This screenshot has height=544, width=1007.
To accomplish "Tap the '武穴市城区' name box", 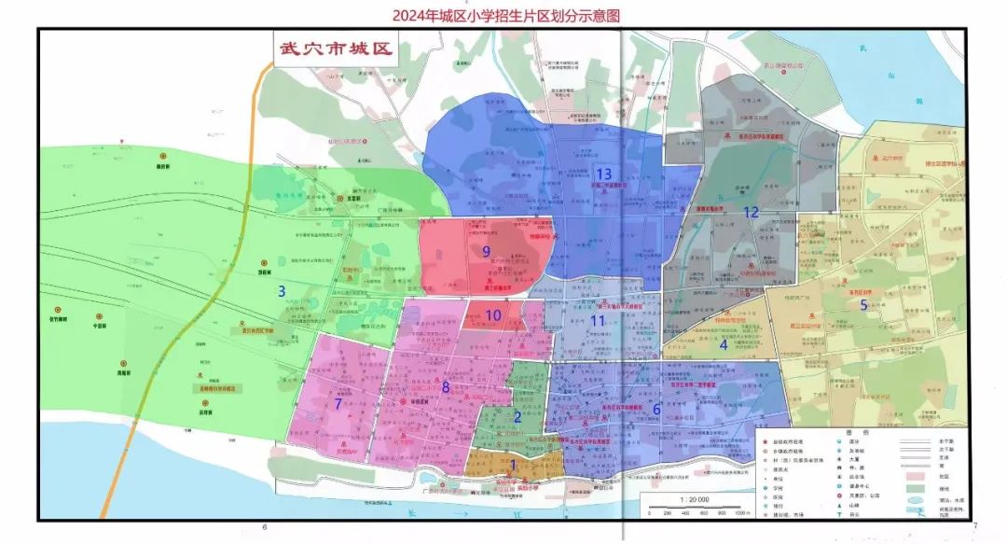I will point(333,49).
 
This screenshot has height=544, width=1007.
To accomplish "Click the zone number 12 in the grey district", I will point(751,213).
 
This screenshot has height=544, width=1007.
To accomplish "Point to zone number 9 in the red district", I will point(486,251).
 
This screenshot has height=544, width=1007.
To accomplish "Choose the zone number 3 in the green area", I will point(281,291).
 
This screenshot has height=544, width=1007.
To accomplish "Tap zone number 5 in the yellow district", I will point(863,305).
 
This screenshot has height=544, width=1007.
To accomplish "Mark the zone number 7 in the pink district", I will point(338,404).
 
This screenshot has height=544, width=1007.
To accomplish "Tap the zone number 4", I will point(723,343).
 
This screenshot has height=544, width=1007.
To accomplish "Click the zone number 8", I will point(446,386).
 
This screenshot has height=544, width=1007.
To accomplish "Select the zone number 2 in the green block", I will point(517,417).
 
